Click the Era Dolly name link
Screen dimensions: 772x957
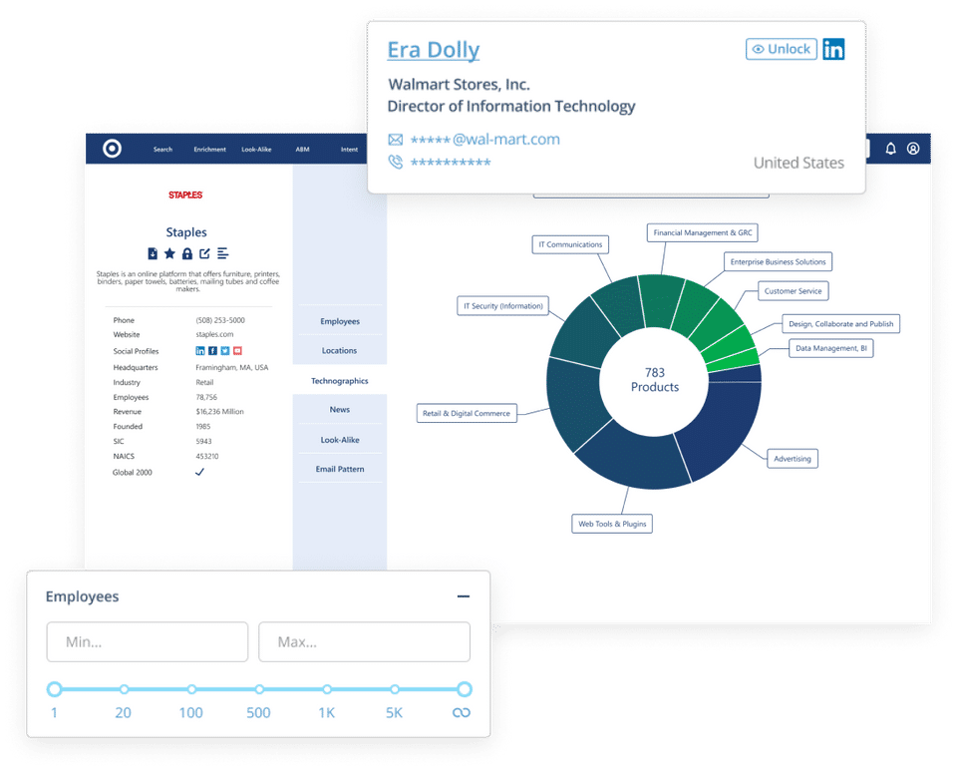pyautogui.click(x=434, y=50)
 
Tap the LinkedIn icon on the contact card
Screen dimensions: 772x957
pyautogui.click(x=833, y=49)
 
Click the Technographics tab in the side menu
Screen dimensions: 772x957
pyautogui.click(x=339, y=381)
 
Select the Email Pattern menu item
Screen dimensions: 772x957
pyautogui.click(x=339, y=469)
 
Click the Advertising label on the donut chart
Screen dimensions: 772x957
pyautogui.click(x=793, y=459)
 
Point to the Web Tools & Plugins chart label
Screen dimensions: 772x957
pyautogui.click(x=612, y=524)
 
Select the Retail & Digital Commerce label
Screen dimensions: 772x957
pyautogui.click(x=467, y=413)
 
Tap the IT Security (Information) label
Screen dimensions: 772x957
pyautogui.click(x=502, y=305)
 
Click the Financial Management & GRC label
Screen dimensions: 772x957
pyautogui.click(x=703, y=232)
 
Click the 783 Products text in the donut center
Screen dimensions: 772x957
pyautogui.click(x=654, y=380)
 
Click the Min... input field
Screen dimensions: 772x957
pyautogui.click(x=148, y=642)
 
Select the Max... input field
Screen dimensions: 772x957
pyautogui.click(x=364, y=642)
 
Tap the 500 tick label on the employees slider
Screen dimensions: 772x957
pyautogui.click(x=259, y=713)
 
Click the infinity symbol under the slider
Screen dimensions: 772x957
pyautogui.click(x=462, y=713)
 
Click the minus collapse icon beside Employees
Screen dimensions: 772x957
pyautogui.click(x=463, y=596)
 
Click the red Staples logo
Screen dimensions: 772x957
pyautogui.click(x=185, y=195)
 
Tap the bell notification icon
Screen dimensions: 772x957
pyautogui.click(x=891, y=150)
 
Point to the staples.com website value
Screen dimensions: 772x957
pyautogui.click(x=214, y=335)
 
